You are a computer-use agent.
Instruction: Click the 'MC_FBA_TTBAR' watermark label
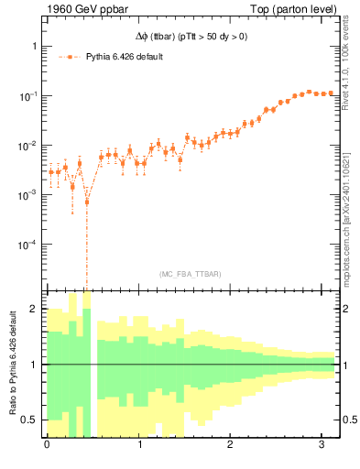pyautogui.click(x=190, y=274)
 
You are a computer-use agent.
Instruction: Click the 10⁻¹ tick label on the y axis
pyautogui.click(x=27, y=96)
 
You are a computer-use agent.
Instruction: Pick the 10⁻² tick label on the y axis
pyautogui.click(x=27, y=146)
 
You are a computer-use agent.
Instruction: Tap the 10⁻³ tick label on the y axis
pyautogui.click(x=27, y=195)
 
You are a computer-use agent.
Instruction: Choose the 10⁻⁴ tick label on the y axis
pyautogui.click(x=27, y=245)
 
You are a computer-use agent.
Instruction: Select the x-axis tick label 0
pyautogui.click(x=47, y=445)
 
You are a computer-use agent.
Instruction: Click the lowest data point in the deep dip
pyautogui.click(x=87, y=202)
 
